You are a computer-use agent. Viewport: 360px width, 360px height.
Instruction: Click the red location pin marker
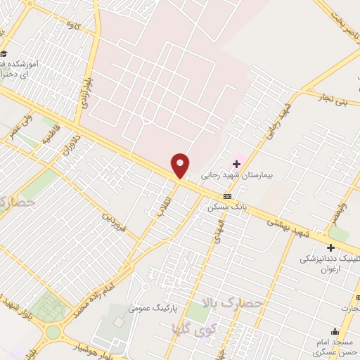(x=181, y=165)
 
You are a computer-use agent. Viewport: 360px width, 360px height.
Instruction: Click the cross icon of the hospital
(x=237, y=164)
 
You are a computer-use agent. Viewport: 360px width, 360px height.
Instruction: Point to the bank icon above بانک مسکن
(x=227, y=197)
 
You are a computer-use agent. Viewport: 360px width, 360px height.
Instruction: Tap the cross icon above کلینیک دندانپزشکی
(x=330, y=247)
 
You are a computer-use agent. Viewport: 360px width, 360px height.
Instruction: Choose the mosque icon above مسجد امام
(x=335, y=332)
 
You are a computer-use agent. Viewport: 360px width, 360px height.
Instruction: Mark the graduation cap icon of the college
(x=4, y=54)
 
